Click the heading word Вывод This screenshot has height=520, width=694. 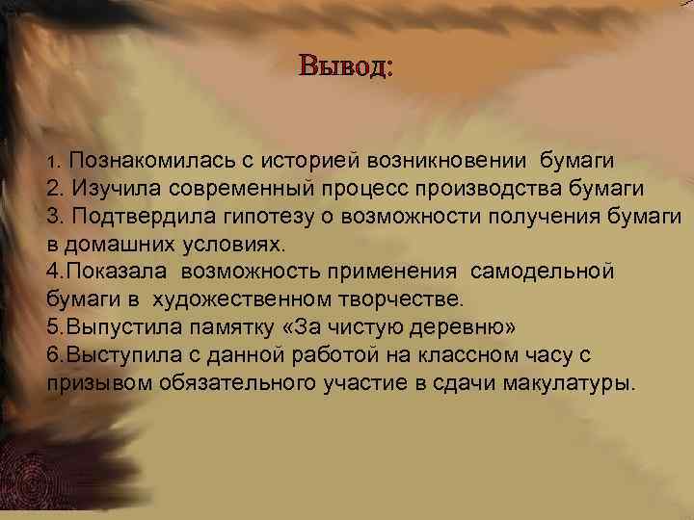point(345,66)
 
